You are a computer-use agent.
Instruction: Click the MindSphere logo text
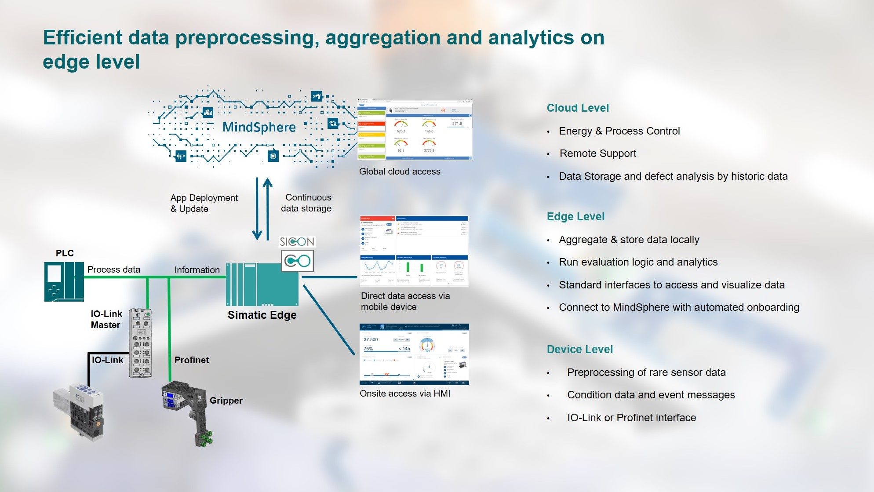[259, 127]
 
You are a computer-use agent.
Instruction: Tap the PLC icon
[64, 281]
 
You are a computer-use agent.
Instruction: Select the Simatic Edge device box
[262, 284]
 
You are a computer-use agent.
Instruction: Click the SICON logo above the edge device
[297, 241]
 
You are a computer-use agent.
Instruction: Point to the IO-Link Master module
[141, 343]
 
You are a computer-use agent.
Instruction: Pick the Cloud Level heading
[578, 108]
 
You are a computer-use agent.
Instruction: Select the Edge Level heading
[575, 217]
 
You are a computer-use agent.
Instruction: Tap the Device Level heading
[579, 350]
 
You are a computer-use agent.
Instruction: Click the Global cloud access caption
[400, 171]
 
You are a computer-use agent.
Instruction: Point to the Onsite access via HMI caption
[405, 394]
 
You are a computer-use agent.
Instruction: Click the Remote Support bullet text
[598, 153]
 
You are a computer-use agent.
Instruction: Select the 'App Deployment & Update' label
[204, 203]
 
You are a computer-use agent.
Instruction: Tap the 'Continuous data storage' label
[306, 203]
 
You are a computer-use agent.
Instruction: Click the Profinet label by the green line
[191, 360]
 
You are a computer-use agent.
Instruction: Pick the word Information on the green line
[197, 270]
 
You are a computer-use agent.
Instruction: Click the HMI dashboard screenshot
[414, 354]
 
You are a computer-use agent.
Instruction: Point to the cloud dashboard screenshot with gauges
[415, 130]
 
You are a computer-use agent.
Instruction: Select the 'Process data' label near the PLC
[113, 270]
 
